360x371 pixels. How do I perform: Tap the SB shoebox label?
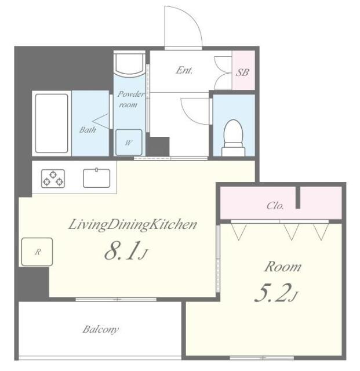tap(243, 72)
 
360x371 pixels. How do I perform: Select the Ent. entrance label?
tap(184, 71)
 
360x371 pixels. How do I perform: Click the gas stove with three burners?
tap(52, 179)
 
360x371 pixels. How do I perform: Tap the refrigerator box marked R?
tap(37, 252)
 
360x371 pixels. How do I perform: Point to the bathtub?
tap(52, 123)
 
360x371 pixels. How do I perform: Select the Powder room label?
tap(128, 100)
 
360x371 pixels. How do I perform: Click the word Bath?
tap(87, 130)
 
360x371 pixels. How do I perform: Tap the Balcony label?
tap(100, 329)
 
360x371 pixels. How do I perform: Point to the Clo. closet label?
tap(275, 206)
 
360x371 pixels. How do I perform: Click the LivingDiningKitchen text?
tap(133, 224)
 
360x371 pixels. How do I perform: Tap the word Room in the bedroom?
tap(282, 267)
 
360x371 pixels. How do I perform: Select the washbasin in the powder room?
tap(128, 64)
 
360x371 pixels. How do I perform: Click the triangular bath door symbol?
tap(102, 122)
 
